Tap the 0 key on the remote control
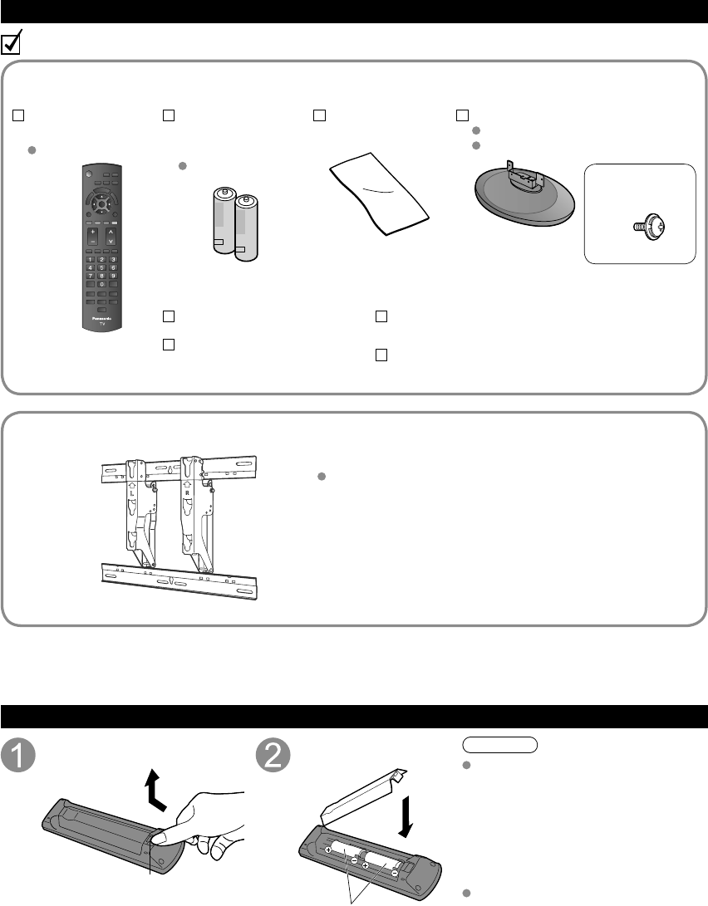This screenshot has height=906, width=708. (x=101, y=284)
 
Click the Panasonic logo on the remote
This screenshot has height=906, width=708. (x=101, y=316)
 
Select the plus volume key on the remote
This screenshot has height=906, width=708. (x=91, y=232)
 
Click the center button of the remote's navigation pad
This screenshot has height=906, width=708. (x=101, y=200)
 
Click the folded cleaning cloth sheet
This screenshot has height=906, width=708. (x=378, y=196)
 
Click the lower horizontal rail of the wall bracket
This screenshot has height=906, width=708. (x=179, y=577)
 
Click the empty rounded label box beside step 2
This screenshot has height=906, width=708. (x=498, y=744)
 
